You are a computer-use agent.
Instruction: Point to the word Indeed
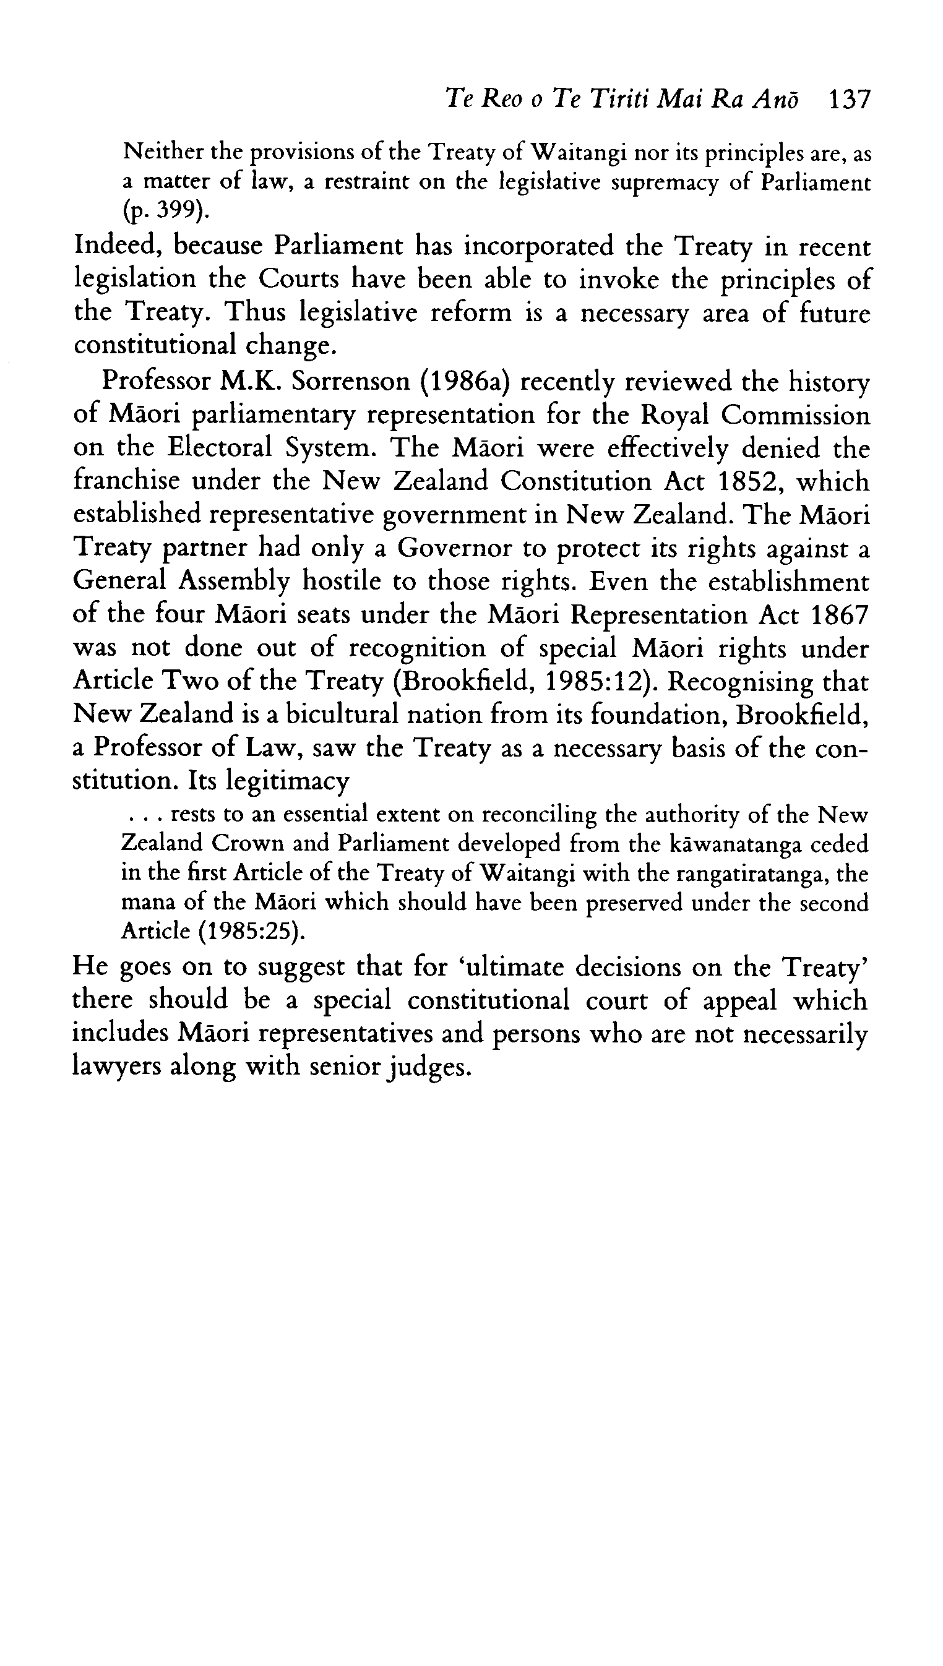[x=117, y=247]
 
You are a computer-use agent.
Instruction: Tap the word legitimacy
[x=288, y=781]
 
